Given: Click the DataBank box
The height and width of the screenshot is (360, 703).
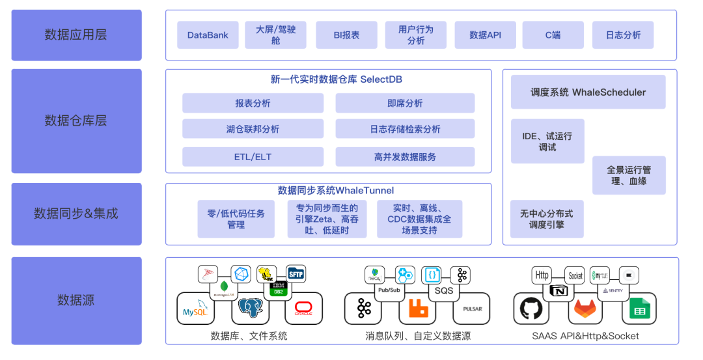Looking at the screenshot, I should [208, 35].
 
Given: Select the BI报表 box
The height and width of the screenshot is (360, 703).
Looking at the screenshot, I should [346, 35].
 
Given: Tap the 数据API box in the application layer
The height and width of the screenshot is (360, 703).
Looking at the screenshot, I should [485, 35].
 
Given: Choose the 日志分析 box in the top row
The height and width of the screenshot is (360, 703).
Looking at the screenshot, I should [623, 35].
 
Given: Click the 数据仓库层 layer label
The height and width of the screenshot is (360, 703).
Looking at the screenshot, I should [76, 121].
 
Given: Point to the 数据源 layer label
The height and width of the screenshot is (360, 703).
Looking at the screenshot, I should [76, 300].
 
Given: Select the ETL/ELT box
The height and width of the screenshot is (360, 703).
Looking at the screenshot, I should [253, 157].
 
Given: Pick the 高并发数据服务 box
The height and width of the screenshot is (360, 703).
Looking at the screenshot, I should [405, 157].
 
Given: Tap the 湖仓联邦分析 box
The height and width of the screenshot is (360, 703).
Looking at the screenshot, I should [253, 129].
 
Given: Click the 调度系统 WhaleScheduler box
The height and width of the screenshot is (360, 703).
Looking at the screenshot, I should [588, 92].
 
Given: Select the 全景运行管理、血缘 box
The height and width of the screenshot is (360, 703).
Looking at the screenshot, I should [629, 175].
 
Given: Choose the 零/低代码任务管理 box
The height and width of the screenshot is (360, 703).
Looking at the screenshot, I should [236, 219].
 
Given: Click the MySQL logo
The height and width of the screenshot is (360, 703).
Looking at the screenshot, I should [195, 309].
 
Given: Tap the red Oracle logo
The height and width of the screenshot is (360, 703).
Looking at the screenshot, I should [303, 309].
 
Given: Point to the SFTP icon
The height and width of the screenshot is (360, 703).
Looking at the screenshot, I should [296, 273].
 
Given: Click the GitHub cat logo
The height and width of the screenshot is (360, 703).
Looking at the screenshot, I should [531, 309].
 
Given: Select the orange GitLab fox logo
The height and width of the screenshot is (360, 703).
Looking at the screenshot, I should [585, 309].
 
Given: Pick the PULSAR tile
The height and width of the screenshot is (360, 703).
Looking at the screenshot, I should [471, 309].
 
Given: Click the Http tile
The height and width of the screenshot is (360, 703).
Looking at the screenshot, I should [542, 275].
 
